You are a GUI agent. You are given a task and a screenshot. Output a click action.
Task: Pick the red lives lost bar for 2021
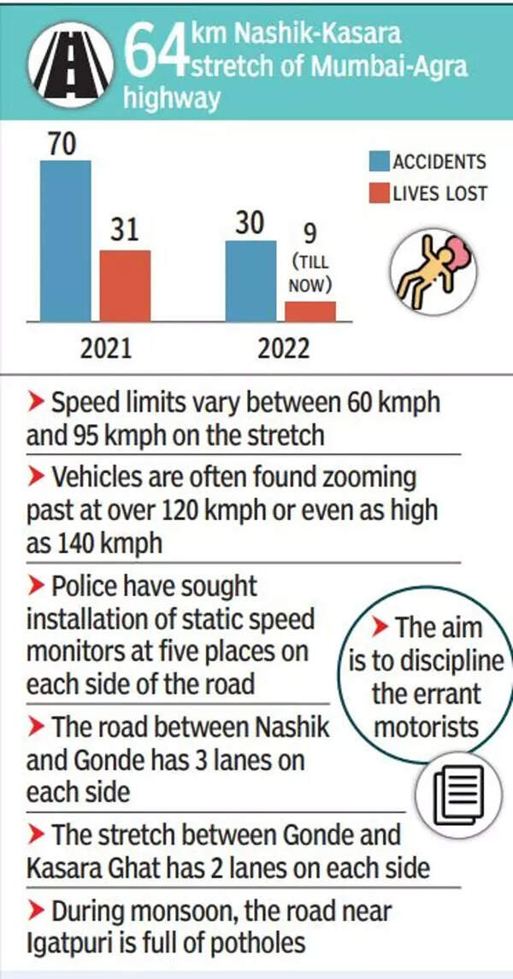[x=125, y=286]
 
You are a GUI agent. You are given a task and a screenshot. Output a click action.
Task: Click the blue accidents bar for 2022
[x=251, y=280]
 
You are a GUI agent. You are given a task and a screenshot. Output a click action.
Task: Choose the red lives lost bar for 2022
[x=310, y=311]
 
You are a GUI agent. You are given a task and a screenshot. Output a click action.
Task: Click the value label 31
[x=125, y=231]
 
